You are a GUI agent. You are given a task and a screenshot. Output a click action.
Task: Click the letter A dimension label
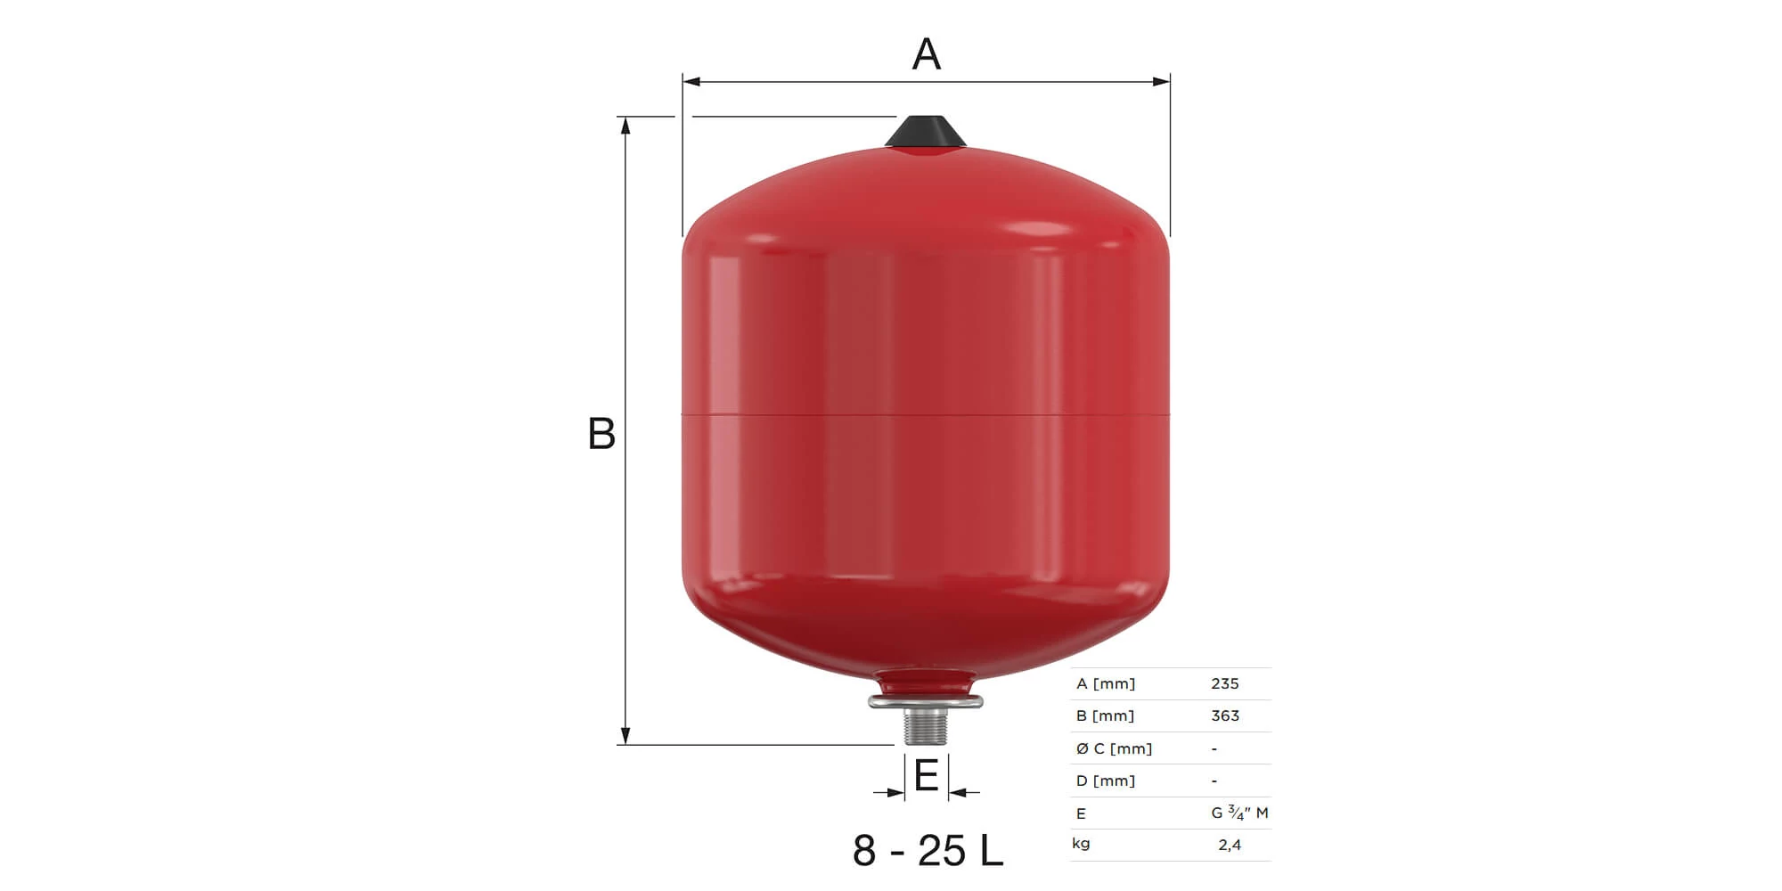[x=927, y=53]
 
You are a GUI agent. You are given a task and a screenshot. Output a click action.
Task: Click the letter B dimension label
[x=601, y=434]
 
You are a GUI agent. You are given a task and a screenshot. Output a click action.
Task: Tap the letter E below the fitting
[x=927, y=775]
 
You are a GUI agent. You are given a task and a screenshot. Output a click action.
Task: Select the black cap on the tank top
[x=926, y=131]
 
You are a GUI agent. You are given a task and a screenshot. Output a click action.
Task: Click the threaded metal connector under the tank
[x=926, y=724]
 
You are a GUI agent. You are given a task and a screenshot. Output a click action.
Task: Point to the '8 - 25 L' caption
[x=928, y=850]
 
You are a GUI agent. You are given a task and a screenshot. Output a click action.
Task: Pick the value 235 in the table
[x=1225, y=683]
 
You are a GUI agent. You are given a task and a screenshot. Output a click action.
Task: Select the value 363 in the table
[x=1225, y=715]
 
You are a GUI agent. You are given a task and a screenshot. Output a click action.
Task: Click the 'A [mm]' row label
[x=1106, y=684]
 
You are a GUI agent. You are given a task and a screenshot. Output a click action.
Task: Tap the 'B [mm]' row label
[x=1105, y=716]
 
